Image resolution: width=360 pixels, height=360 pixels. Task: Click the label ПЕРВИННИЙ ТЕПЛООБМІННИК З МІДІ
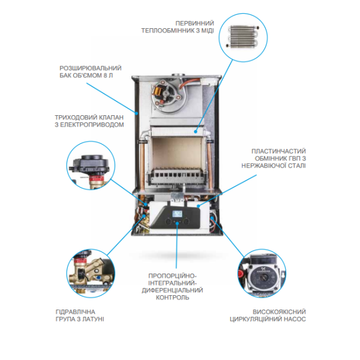click(x=178, y=26)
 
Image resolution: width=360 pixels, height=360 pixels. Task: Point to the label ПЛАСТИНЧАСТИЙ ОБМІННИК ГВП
click(x=274, y=157)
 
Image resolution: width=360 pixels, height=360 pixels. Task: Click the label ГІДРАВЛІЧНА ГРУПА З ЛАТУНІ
click(x=79, y=315)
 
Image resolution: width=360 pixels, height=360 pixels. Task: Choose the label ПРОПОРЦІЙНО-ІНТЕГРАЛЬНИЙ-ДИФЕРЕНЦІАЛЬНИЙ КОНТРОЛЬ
click(x=176, y=286)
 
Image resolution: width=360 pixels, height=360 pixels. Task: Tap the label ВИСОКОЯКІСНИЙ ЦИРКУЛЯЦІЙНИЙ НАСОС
click(x=271, y=316)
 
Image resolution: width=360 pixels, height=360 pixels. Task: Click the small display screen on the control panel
click(x=178, y=212)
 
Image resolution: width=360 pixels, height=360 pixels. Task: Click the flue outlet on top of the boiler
click(x=179, y=76)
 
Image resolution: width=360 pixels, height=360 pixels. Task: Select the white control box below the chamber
click(x=178, y=217)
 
